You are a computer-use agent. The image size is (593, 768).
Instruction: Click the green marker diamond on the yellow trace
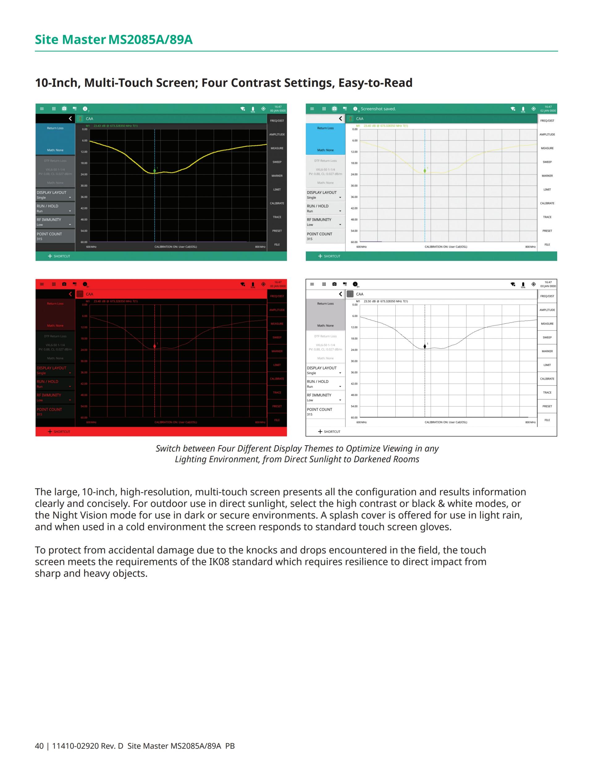pyautogui.click(x=154, y=171)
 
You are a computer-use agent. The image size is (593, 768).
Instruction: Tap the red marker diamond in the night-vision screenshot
pyautogui.click(x=154, y=346)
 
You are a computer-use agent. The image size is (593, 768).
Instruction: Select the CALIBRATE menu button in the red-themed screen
pyautogui.click(x=277, y=379)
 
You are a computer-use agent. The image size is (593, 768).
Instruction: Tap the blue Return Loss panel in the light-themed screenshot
pyautogui.click(x=325, y=139)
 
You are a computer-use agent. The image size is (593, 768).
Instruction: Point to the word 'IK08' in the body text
pyautogui.click(x=219, y=561)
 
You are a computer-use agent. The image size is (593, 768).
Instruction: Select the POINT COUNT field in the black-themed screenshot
pyautogui.click(x=55, y=236)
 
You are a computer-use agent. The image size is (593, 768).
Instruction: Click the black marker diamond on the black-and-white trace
pyautogui.click(x=425, y=346)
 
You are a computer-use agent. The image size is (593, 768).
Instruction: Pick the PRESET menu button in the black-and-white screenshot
pyautogui.click(x=547, y=406)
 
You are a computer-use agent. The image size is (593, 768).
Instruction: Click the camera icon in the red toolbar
pyautogui.click(x=64, y=284)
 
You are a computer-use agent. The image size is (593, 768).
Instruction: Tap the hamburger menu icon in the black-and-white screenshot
pyautogui.click(x=312, y=284)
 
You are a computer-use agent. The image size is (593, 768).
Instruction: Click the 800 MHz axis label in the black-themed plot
pyautogui.click(x=260, y=247)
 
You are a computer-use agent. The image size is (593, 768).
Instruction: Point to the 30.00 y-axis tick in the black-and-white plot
pyautogui.click(x=354, y=361)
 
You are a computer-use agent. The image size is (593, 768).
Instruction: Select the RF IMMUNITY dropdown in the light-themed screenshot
pyautogui.click(x=325, y=222)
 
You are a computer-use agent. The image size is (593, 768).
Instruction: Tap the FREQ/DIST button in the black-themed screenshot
pyautogui.click(x=277, y=121)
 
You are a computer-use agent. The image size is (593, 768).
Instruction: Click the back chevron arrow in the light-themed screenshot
pyautogui.click(x=340, y=118)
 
